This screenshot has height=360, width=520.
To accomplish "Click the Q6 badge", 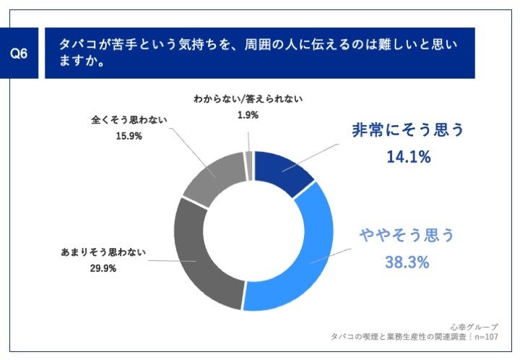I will (x=23, y=53).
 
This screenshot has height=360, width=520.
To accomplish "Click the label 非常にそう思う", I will (x=407, y=130).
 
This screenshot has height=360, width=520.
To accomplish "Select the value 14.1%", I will (x=407, y=155).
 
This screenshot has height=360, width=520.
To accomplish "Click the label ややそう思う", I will (x=407, y=236).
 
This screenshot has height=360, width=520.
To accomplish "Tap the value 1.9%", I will (x=248, y=113).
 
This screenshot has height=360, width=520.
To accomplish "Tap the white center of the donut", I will (x=252, y=231).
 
